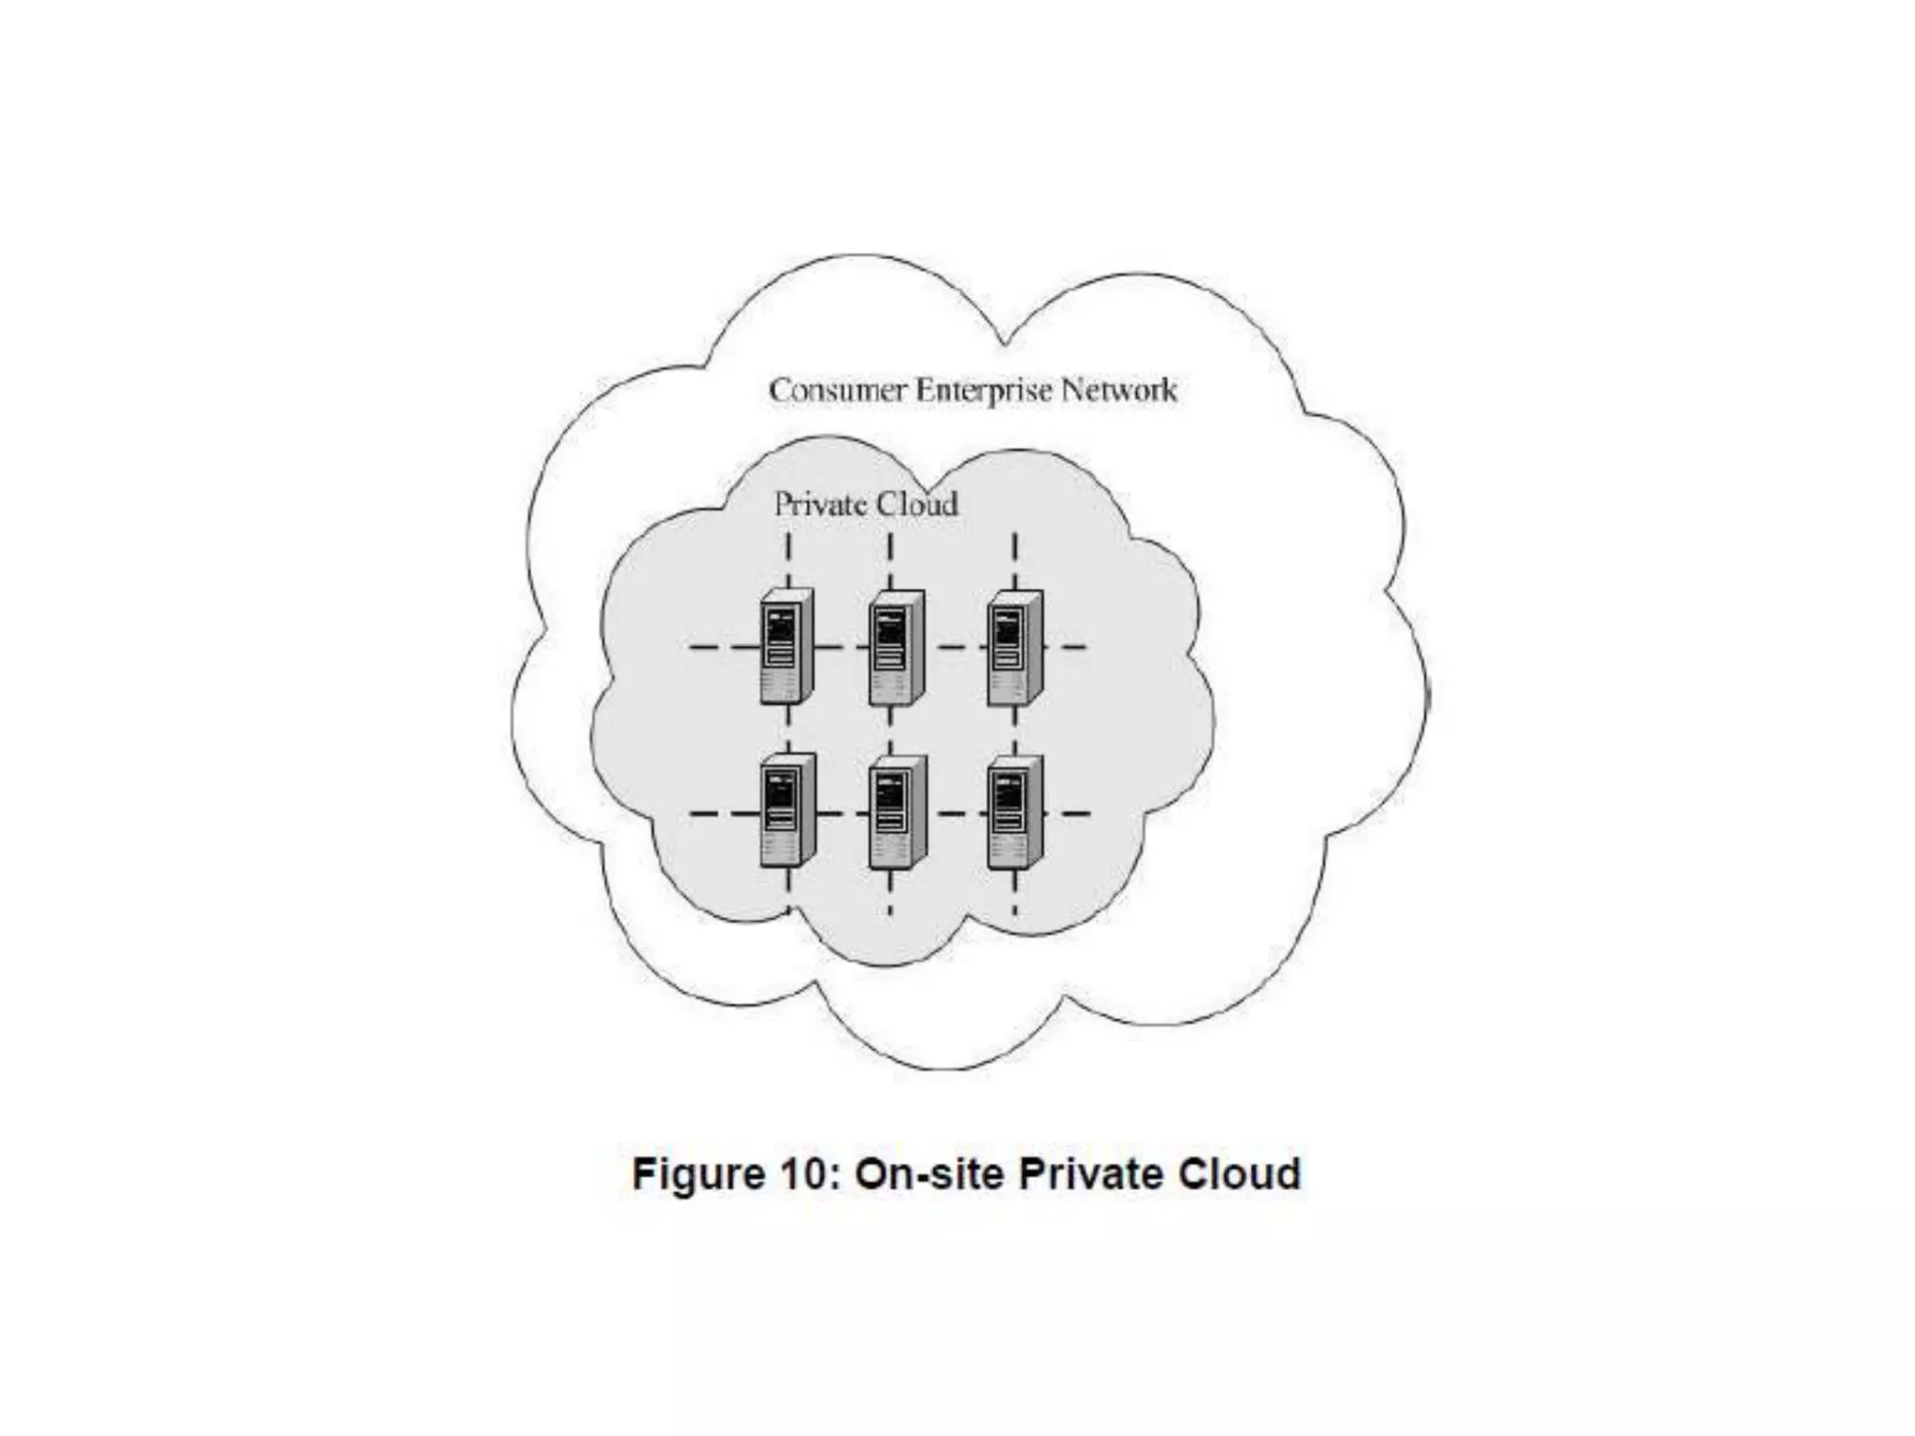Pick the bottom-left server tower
(786, 811)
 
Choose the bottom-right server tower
(1015, 811)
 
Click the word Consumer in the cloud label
(837, 390)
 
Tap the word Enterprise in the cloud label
(983, 391)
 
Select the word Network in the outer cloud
(1118, 390)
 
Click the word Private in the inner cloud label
(814, 505)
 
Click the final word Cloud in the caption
(1240, 1174)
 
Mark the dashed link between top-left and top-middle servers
(840, 647)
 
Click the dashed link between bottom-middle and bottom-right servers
(956, 813)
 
